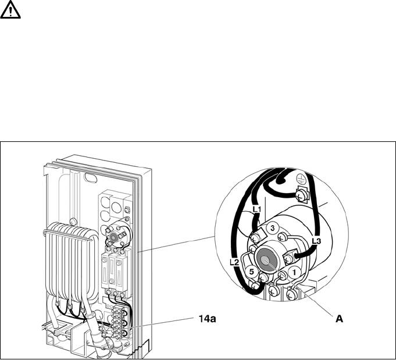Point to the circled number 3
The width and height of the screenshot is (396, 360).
click(x=271, y=228)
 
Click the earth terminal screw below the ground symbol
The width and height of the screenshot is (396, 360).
click(x=301, y=194)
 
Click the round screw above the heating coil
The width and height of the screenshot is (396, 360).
click(x=73, y=220)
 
